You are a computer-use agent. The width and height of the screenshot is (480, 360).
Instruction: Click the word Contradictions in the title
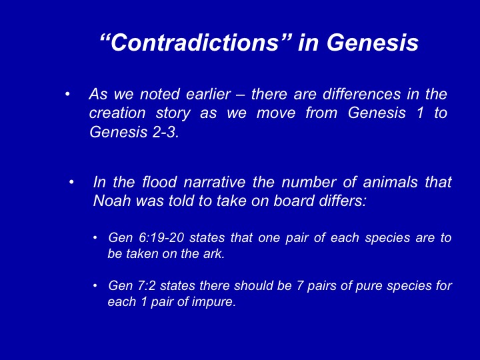coord(194,42)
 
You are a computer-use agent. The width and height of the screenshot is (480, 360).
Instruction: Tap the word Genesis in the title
coord(373,42)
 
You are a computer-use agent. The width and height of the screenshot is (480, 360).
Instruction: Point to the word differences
coord(361,94)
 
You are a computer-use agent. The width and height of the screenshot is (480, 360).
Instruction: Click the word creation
coord(117,113)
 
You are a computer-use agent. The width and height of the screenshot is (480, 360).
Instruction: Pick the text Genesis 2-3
coord(134,132)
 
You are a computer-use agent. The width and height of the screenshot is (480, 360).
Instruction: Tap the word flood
coord(159,182)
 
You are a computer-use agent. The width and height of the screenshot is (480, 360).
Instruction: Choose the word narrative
coord(215,182)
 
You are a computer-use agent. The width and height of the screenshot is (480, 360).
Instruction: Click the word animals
coord(390,182)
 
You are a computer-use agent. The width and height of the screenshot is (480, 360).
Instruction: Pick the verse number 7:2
coord(146,285)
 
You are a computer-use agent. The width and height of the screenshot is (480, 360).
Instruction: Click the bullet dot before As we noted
coord(67,94)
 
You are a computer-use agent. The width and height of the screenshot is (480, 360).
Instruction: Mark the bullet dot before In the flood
coord(71,183)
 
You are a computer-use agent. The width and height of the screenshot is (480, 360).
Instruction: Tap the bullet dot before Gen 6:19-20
coord(95,238)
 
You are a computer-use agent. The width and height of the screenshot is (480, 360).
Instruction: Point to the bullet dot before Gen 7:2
coord(95,286)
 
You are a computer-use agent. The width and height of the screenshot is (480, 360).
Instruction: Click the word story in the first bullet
coord(173,113)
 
